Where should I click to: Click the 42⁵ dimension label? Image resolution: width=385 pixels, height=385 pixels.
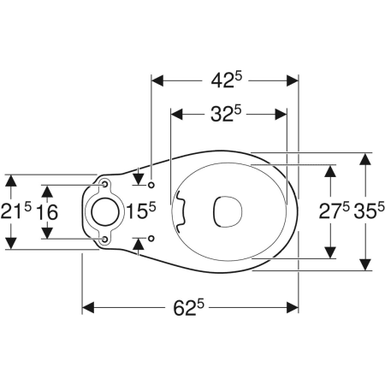[x=226, y=80]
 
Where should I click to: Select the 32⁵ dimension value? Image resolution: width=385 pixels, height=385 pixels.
[x=226, y=114]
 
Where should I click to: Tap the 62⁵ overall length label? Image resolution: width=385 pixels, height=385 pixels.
[x=189, y=307]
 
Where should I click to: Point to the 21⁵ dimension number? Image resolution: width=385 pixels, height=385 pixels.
[x=15, y=211]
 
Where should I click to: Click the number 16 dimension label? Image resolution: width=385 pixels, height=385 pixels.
[x=47, y=212]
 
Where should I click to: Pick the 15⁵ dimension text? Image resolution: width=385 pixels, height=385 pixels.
[x=141, y=210]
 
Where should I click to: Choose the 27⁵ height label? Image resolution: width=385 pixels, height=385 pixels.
[x=334, y=211]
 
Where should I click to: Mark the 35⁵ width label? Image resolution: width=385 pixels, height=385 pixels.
[x=370, y=211]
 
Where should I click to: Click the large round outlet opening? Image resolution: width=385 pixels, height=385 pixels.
[x=105, y=211]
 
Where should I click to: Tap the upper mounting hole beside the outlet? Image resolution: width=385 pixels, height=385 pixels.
[x=105, y=185]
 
